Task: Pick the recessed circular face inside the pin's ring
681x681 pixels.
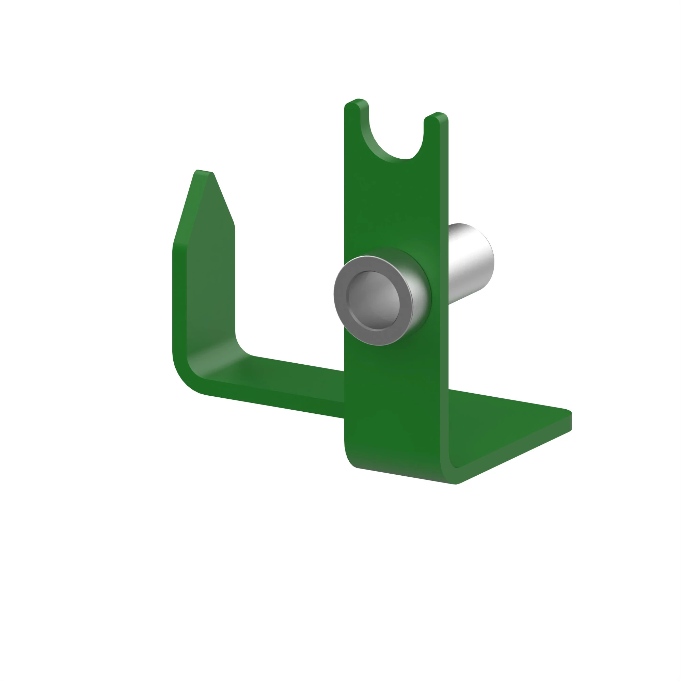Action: click(x=374, y=300)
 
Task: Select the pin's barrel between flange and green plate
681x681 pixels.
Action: click(x=416, y=282)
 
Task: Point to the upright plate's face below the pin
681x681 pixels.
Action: click(x=391, y=405)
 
